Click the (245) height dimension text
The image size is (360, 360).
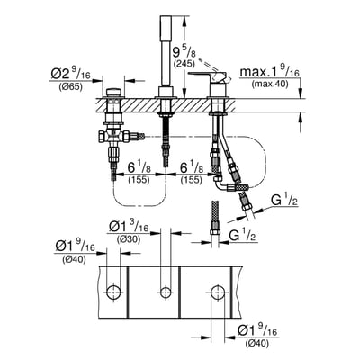click(184, 63)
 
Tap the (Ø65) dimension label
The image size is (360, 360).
click(70, 88)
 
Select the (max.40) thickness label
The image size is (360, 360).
click(270, 85)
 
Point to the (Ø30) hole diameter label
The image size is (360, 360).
click(129, 239)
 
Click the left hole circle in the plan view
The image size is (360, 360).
click(114, 292)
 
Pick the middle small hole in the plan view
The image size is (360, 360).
click(166, 292)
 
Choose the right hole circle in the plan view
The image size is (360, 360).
click(218, 292)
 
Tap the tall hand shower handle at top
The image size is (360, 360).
click(165, 51)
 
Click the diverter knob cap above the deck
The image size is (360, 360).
click(113, 93)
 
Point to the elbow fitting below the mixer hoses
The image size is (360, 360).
click(222, 184)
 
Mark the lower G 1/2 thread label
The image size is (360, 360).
click(241, 235)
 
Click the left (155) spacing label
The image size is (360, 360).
click(139, 180)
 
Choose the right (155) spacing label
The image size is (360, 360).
click(192, 180)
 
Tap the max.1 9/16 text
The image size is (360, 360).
click(270, 73)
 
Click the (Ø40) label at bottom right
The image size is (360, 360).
click(257, 343)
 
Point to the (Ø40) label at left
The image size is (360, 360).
click(74, 260)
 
